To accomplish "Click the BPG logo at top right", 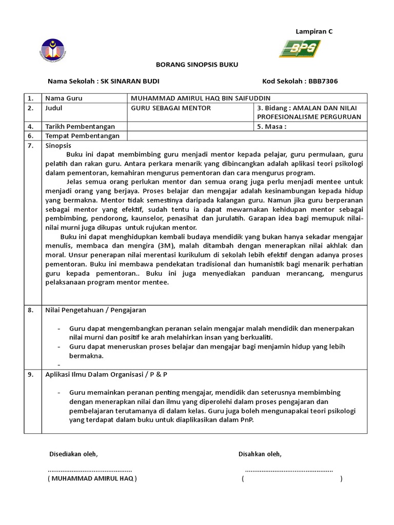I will coord(300,49).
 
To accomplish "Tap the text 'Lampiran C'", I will coord(314,31).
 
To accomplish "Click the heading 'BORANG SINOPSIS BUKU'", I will coord(197,65).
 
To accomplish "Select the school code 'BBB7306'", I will coord(323,81).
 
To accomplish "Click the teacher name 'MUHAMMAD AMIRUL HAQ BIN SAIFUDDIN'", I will coord(201,98).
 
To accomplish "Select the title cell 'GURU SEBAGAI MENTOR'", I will coord(171,108).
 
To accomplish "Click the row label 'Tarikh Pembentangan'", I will coord(80,126).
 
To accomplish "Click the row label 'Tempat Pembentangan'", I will coord(82,136).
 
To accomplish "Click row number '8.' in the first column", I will coord(30,310).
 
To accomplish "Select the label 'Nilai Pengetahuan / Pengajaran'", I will coord(95,310).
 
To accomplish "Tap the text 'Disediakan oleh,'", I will coord(73,454).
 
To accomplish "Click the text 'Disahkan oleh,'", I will coord(260,454).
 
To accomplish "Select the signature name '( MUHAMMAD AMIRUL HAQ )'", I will coord(92,478).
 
